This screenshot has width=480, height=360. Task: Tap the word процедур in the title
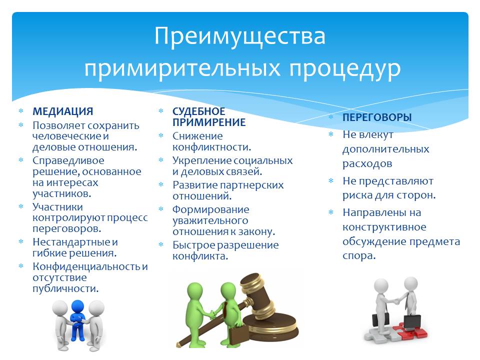pyautogui.click(x=344, y=69)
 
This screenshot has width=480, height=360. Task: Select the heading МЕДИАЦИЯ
pyautogui.click(x=63, y=111)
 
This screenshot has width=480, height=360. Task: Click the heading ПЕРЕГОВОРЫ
pyautogui.click(x=377, y=117)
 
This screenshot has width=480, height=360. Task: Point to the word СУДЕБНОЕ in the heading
pyautogui.click(x=198, y=111)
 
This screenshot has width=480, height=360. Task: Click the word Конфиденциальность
pyautogui.click(x=87, y=266)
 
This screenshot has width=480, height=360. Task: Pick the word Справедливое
pyautogui.click(x=68, y=161)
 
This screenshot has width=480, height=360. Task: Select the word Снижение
pyautogui.click(x=197, y=136)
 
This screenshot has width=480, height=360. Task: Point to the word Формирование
pyautogui.click(x=210, y=209)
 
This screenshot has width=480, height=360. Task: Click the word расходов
pyautogui.click(x=367, y=164)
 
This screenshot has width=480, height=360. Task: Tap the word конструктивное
pyautogui.click(x=384, y=227)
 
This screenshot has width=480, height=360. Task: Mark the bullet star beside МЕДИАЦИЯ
pyautogui.click(x=21, y=111)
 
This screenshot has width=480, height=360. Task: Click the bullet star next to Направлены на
pyautogui.click(x=331, y=212)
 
